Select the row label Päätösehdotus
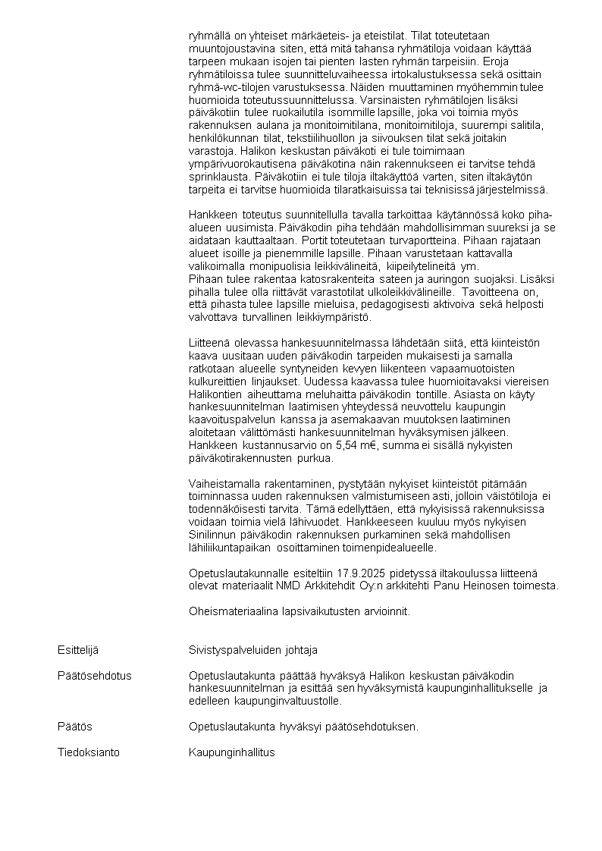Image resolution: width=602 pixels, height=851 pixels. [x=94, y=676]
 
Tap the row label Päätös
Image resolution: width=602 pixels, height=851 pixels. [x=74, y=727]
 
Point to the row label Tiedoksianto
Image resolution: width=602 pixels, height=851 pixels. [x=89, y=752]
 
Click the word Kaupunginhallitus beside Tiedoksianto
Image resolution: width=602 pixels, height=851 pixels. [x=231, y=752]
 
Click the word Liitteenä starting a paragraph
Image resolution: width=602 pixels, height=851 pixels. [x=211, y=342]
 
